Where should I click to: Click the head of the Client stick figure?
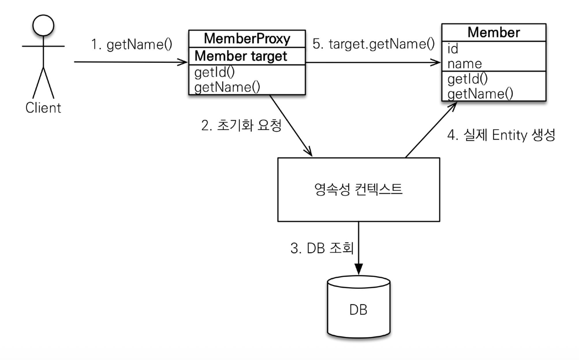(x=43, y=25)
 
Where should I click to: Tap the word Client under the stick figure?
(x=43, y=108)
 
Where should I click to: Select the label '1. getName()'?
(x=132, y=45)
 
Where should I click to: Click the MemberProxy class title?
(x=247, y=39)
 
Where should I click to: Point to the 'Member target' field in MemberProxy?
(x=241, y=56)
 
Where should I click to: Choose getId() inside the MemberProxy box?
(x=214, y=72)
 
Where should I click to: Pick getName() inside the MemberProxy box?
(x=227, y=87)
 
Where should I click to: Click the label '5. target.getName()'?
(x=373, y=44)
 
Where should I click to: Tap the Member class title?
(x=494, y=32)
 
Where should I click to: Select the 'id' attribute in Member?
(x=453, y=49)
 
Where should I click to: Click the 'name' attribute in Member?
(x=464, y=64)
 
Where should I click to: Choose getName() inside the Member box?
(x=480, y=94)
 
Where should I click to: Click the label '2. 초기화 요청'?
(x=241, y=125)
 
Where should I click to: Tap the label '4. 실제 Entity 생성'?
(x=501, y=135)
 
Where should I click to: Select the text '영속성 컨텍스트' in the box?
(x=358, y=190)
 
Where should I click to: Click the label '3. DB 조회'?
(x=322, y=248)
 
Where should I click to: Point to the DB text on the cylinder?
(x=358, y=310)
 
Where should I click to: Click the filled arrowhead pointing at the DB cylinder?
(x=358, y=269)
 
